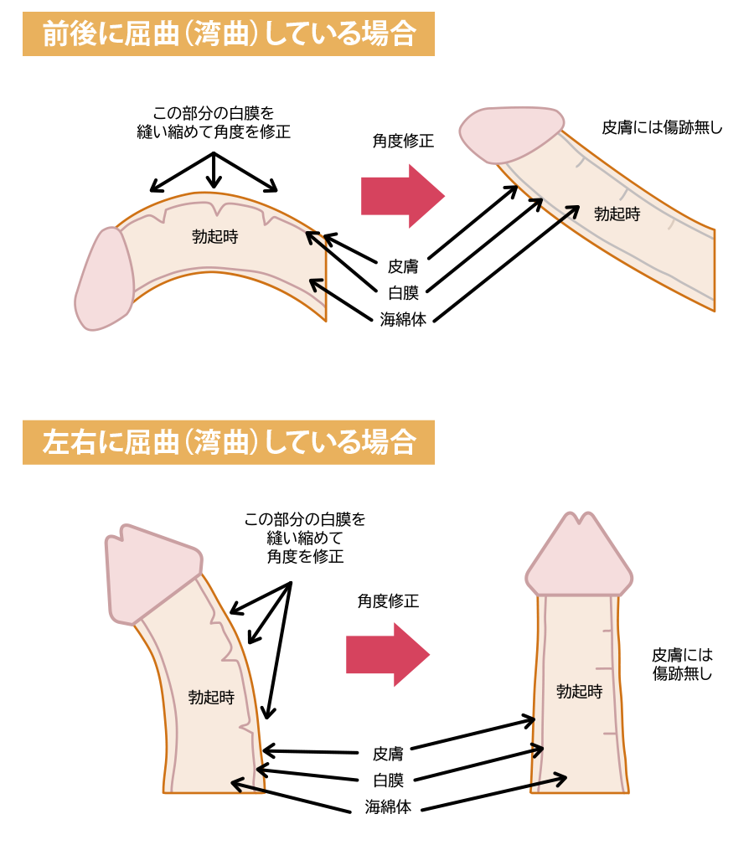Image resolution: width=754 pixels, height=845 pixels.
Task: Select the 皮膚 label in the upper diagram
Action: tap(402, 266)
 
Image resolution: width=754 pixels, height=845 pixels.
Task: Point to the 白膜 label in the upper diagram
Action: tap(402, 292)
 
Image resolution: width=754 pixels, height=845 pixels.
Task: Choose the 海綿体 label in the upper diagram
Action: tap(402, 319)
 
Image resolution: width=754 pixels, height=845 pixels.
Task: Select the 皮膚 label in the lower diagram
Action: tap(388, 753)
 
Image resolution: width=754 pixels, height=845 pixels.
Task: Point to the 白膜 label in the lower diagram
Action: tap(388, 781)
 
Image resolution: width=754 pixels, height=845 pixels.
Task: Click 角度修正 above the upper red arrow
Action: tap(403, 141)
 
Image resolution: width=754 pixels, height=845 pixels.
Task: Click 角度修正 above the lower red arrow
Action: tap(388, 600)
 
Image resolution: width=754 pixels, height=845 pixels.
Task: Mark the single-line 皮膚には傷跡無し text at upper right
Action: tap(662, 128)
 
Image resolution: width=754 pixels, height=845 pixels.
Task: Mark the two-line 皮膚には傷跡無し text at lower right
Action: tap(682, 664)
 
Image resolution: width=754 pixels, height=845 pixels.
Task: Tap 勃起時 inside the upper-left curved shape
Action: tap(214, 237)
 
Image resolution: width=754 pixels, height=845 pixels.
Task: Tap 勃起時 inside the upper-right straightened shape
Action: tap(617, 214)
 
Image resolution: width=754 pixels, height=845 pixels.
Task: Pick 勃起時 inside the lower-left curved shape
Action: tap(211, 697)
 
